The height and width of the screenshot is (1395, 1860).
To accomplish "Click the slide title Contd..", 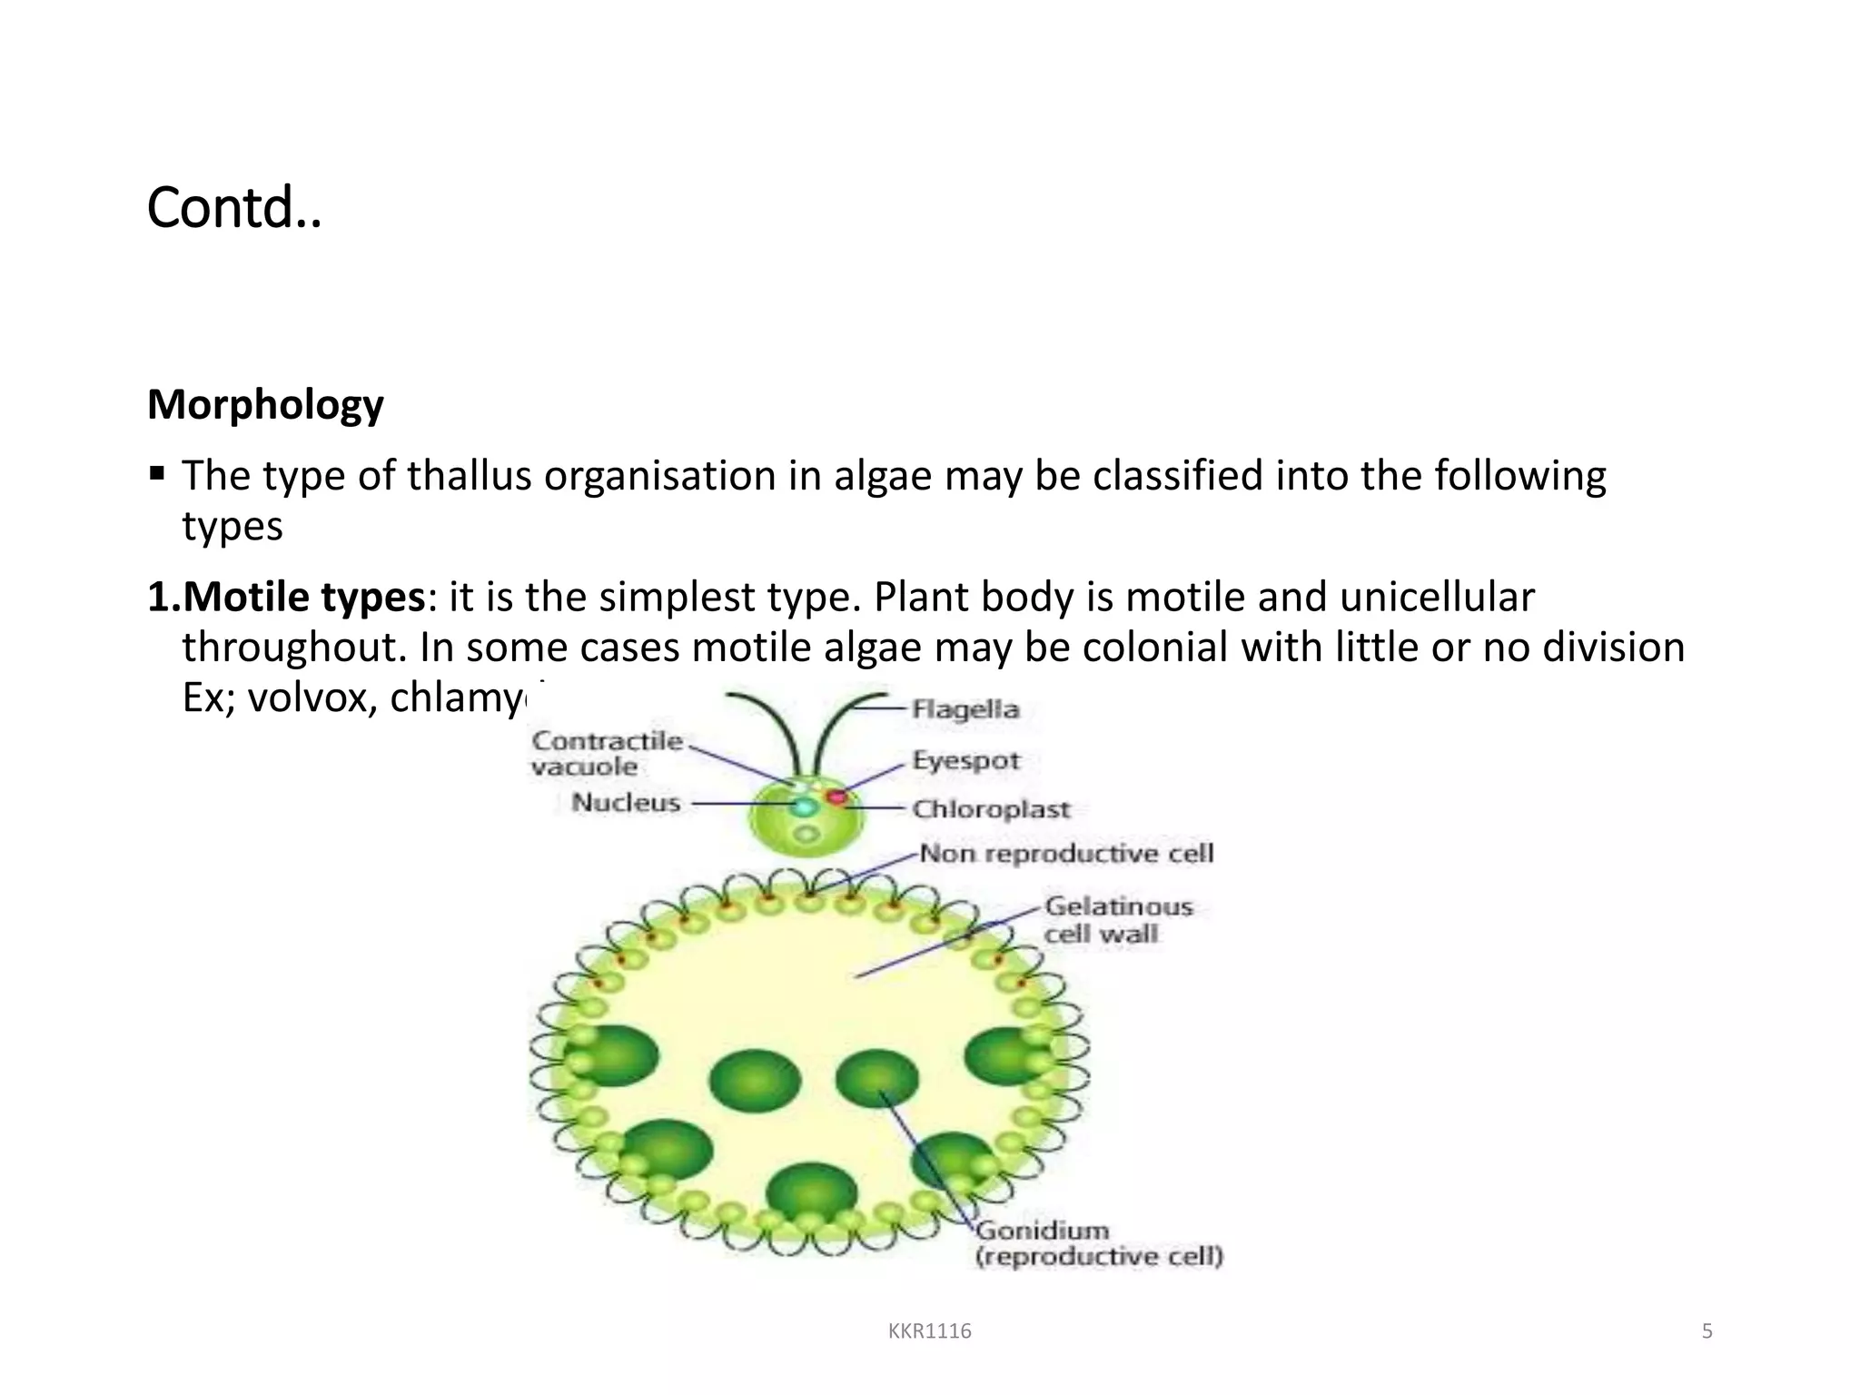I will click(233, 208).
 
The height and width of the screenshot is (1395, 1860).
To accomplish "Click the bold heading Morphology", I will click(265, 404).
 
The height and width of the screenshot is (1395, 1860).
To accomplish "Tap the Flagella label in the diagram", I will click(965, 708).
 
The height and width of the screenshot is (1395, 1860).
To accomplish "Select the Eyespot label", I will click(965, 760).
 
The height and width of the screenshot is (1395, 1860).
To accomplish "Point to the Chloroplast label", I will click(991, 808).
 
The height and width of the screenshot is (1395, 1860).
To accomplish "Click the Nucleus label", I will click(626, 803).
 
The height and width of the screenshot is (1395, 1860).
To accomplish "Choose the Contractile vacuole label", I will click(606, 754).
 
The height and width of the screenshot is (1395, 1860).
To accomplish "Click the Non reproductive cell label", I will click(1066, 853).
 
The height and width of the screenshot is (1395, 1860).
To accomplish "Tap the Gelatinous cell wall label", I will click(1118, 919).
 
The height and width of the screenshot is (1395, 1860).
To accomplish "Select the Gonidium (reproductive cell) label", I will click(1098, 1243).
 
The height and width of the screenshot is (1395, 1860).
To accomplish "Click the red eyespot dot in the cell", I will click(836, 797).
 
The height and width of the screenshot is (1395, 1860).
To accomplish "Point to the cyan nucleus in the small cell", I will click(804, 806).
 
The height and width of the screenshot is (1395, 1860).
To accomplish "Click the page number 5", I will click(1707, 1331).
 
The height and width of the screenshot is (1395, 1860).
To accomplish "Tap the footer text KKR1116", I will click(929, 1331).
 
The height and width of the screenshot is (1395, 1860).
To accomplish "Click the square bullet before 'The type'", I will click(157, 473).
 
